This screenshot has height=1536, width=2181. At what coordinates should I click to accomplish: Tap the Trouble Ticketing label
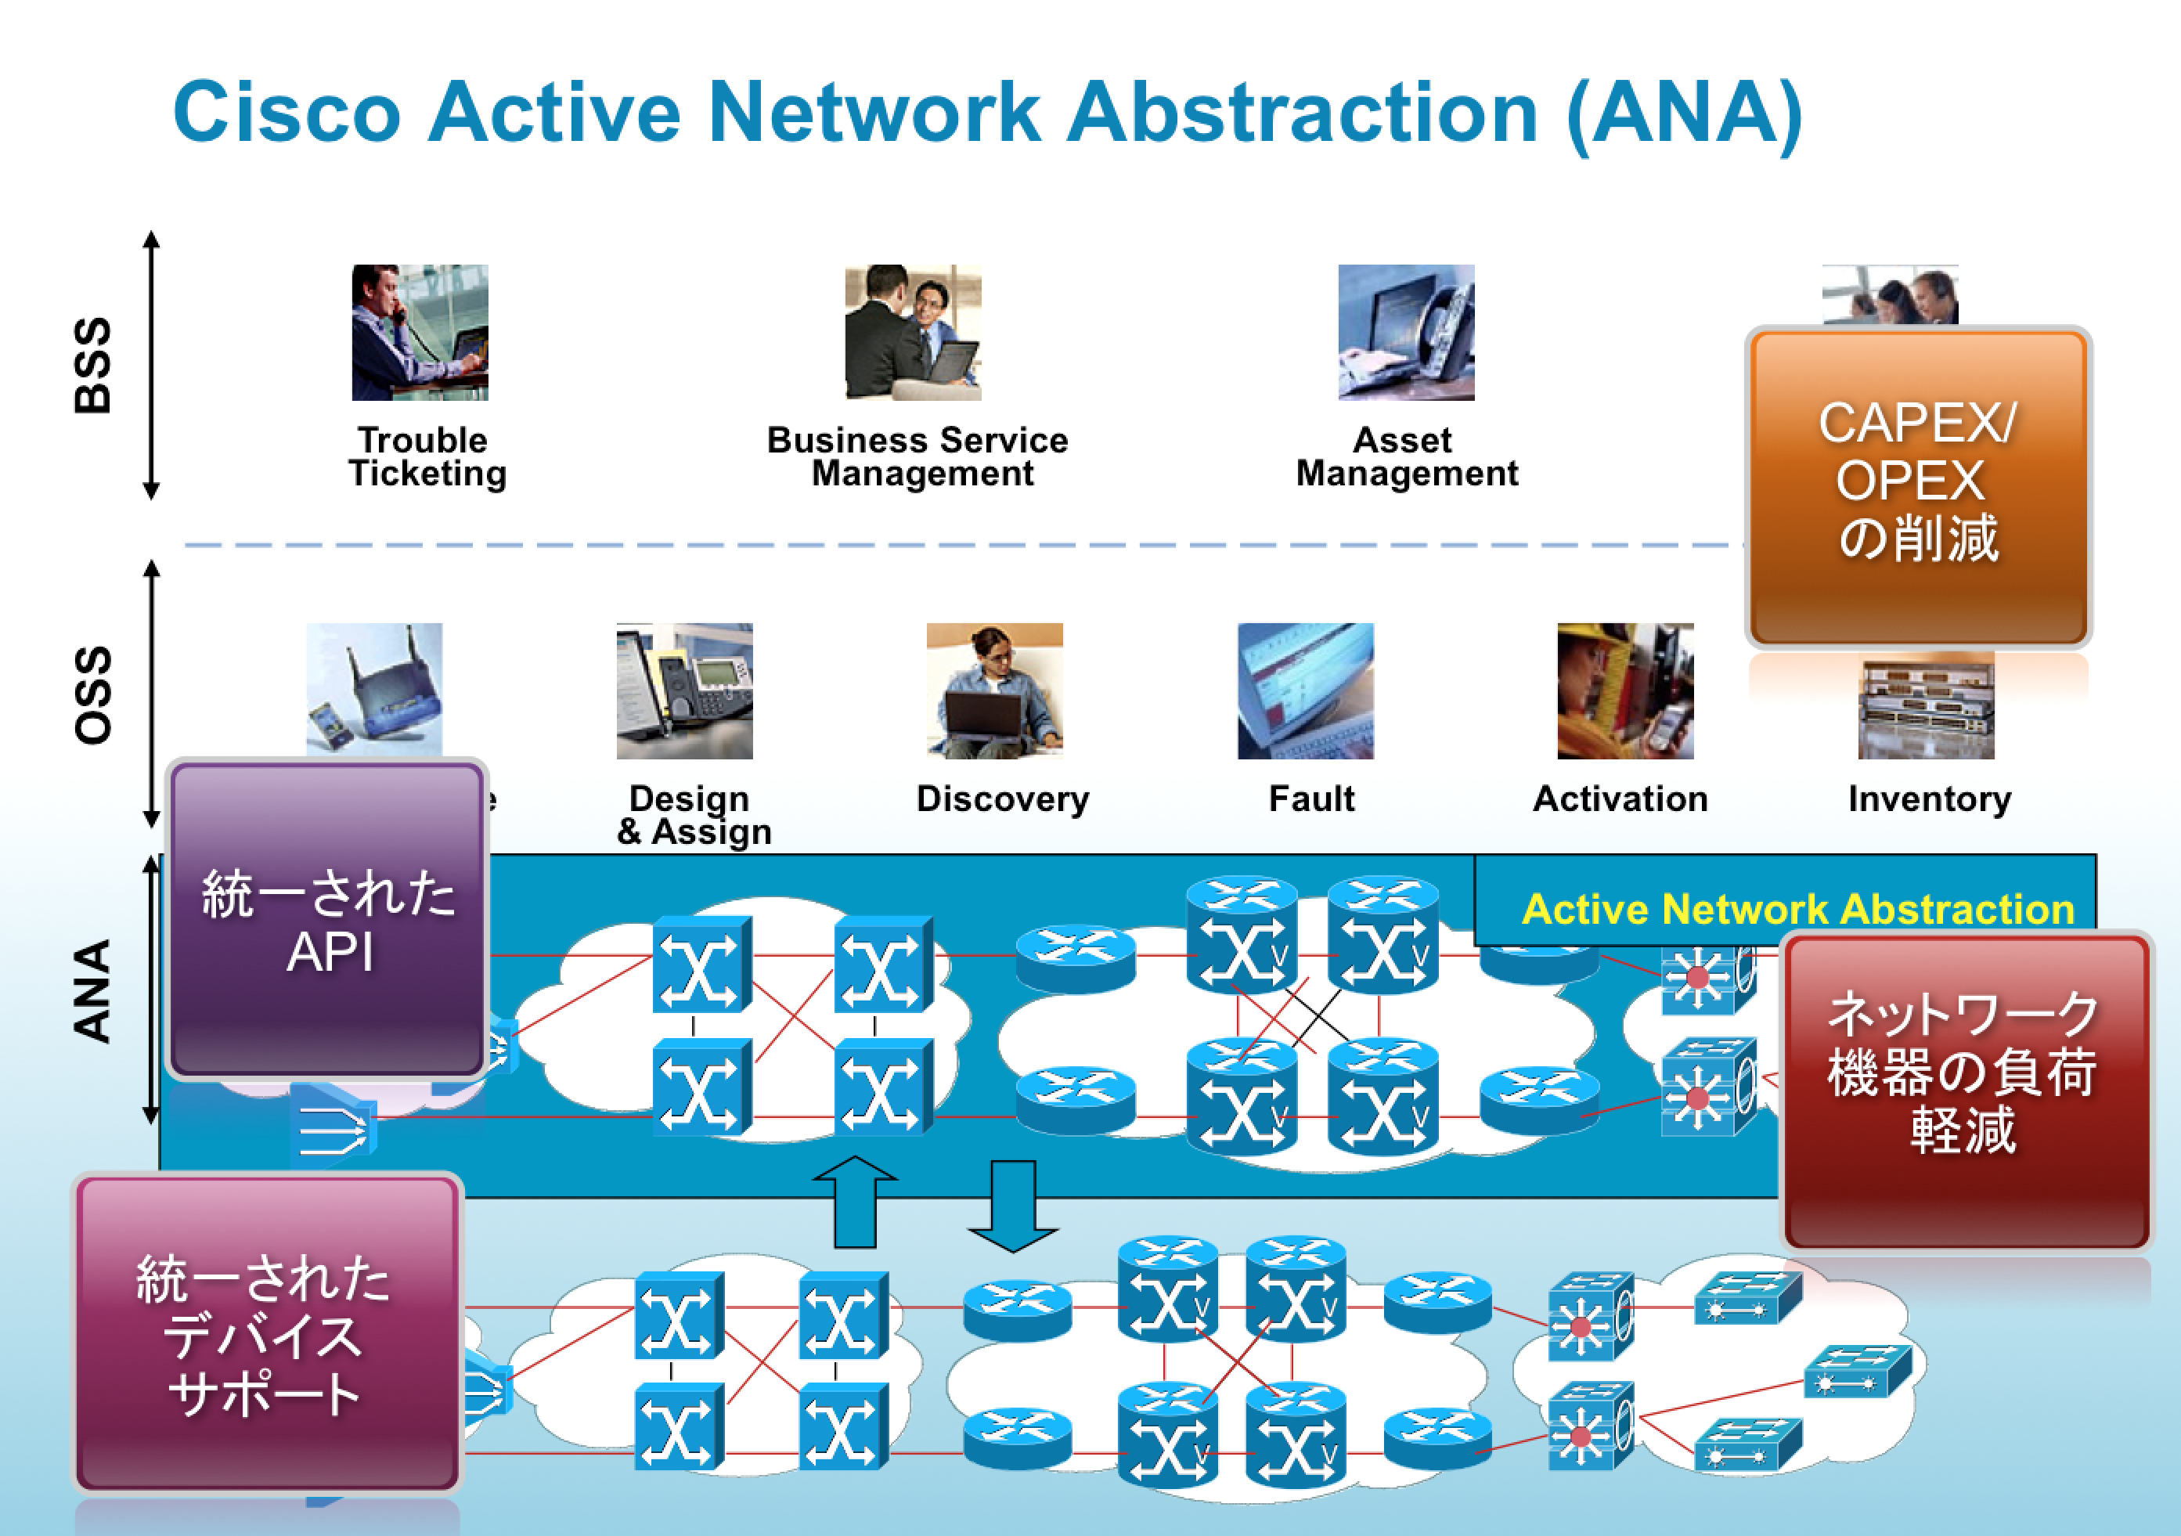[427, 457]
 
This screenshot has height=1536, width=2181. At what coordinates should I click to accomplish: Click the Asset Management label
[1406, 457]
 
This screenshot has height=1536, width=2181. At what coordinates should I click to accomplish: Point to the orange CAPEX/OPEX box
[1918, 485]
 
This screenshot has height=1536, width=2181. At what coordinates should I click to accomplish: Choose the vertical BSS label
[93, 365]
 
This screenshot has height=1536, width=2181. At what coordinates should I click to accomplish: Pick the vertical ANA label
[93, 991]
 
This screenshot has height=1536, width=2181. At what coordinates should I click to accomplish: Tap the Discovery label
[1002, 799]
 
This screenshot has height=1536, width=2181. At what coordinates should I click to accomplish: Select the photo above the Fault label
[1305, 690]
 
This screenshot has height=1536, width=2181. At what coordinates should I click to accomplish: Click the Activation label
[1620, 799]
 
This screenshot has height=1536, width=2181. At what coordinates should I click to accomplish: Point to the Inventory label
[1929, 799]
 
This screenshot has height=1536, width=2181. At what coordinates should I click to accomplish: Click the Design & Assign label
[694, 815]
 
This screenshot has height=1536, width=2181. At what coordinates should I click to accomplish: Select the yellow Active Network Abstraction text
[1797, 909]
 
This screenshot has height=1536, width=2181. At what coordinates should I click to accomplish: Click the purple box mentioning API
[328, 920]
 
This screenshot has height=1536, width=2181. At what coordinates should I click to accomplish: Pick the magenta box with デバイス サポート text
[267, 1334]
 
